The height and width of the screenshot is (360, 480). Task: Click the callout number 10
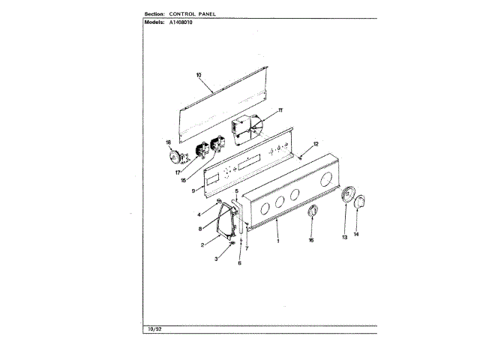pyautogui.click(x=199, y=74)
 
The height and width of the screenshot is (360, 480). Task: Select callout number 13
pyautogui.click(x=344, y=238)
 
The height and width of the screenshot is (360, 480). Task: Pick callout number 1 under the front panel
pyautogui.click(x=278, y=240)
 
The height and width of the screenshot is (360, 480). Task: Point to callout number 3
pyautogui.click(x=217, y=258)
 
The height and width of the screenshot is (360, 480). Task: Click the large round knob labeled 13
pyautogui.click(x=347, y=196)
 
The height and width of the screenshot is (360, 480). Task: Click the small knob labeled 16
pyautogui.click(x=313, y=214)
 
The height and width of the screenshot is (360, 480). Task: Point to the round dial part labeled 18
pyautogui.click(x=177, y=157)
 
